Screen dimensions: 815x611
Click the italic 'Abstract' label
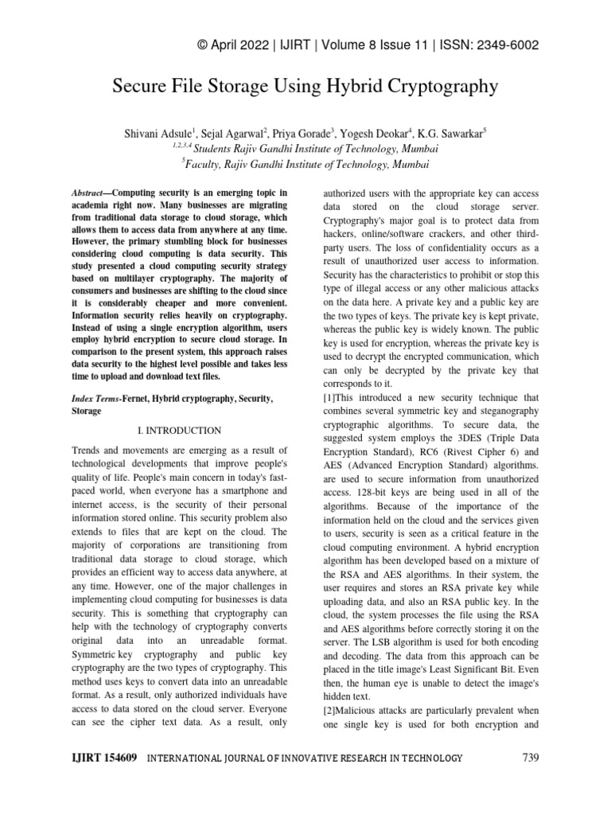point(87,193)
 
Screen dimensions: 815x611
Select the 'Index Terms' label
point(91,397)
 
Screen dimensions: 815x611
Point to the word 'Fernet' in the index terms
point(138,397)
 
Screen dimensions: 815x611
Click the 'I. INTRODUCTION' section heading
point(179,431)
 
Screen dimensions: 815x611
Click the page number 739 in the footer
point(531,758)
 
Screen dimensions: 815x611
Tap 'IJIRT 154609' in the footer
point(94,758)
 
